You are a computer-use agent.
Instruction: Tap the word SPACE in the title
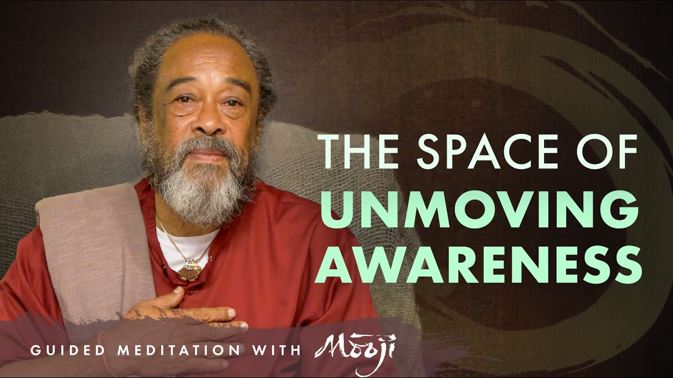[490, 152]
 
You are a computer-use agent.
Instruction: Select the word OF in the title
[609, 152]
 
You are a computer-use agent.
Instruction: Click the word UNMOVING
[479, 209]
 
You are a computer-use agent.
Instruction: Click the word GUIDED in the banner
[68, 350]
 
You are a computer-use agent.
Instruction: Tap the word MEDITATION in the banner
[179, 350]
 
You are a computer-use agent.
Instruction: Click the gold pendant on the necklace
[190, 270]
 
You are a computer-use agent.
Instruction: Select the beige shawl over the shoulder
[96, 255]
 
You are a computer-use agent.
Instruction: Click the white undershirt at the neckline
[184, 246]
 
